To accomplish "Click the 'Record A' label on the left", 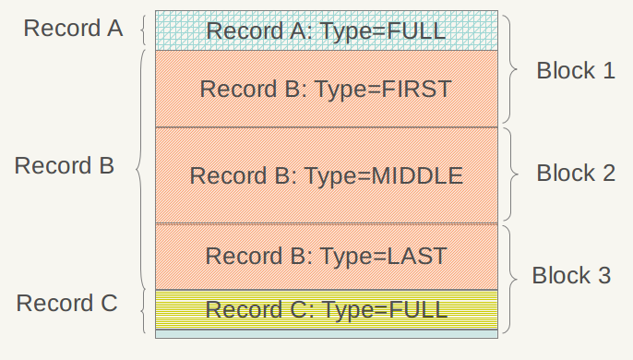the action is tap(73, 28).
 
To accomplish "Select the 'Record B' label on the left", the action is tap(65, 166).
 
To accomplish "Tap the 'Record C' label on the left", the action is tap(67, 303).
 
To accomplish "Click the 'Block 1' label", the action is tap(576, 71).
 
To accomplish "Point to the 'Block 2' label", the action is tap(576, 173).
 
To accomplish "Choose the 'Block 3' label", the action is tap(572, 275).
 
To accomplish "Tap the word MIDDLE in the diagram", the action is tap(417, 175).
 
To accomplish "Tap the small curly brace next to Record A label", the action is tap(143, 30).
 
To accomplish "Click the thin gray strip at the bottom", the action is tap(327, 334).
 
